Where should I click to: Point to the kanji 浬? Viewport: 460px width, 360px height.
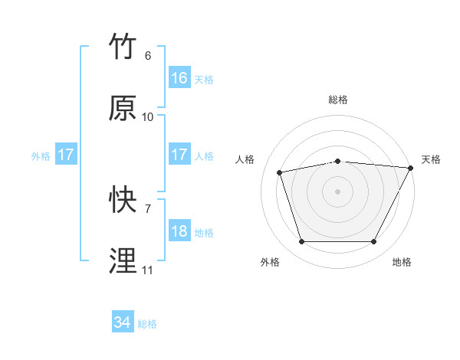(123, 260)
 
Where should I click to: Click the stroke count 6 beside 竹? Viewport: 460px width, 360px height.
(148, 56)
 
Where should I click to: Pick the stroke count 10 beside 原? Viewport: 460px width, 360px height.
(148, 117)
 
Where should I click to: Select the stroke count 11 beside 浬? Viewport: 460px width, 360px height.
(148, 270)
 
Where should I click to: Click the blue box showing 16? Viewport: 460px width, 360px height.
(179, 78)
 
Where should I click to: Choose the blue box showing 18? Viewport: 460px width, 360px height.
(179, 231)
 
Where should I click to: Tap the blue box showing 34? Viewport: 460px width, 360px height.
(122, 323)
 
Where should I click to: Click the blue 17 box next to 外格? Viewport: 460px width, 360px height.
(65, 155)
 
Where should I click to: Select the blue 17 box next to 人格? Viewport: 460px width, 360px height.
(179, 155)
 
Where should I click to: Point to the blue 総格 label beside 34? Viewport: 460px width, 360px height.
(148, 324)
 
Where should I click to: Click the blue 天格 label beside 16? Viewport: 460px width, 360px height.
(204, 79)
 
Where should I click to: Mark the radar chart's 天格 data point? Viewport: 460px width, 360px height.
(412, 168)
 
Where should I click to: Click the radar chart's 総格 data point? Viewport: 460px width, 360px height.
(338, 161)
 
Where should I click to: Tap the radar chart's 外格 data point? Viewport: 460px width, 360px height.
(301, 242)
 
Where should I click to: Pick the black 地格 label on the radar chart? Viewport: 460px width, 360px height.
(402, 263)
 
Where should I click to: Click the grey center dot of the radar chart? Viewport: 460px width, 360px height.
(338, 191)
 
